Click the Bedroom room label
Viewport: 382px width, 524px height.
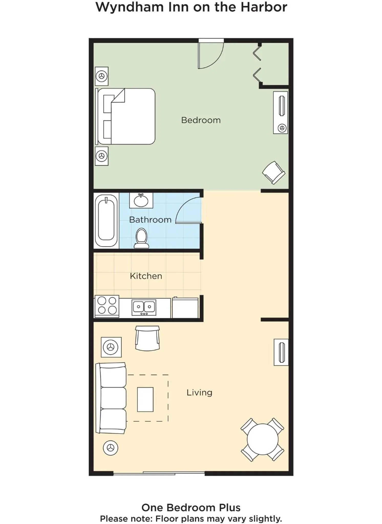pyautogui.click(x=201, y=120)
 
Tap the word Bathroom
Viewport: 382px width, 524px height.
pyautogui.click(x=150, y=220)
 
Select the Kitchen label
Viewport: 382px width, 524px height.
pyautogui.click(x=146, y=276)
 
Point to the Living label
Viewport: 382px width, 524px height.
pyautogui.click(x=199, y=392)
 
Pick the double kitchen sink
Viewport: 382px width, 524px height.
pyautogui.click(x=144, y=307)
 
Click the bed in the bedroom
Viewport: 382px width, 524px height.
pyautogui.click(x=125, y=116)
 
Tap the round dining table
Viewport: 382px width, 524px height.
pyautogui.click(x=262, y=439)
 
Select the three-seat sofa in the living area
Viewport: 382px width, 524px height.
pyautogui.click(x=111, y=398)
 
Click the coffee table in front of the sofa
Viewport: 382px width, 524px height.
pyautogui.click(x=145, y=399)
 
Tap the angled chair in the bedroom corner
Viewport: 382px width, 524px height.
pyautogui.click(x=274, y=172)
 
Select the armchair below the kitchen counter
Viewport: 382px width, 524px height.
pyautogui.click(x=147, y=338)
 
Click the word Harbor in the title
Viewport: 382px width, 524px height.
pyautogui.click(x=264, y=7)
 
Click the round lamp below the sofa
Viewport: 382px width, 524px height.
pyautogui.click(x=111, y=448)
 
